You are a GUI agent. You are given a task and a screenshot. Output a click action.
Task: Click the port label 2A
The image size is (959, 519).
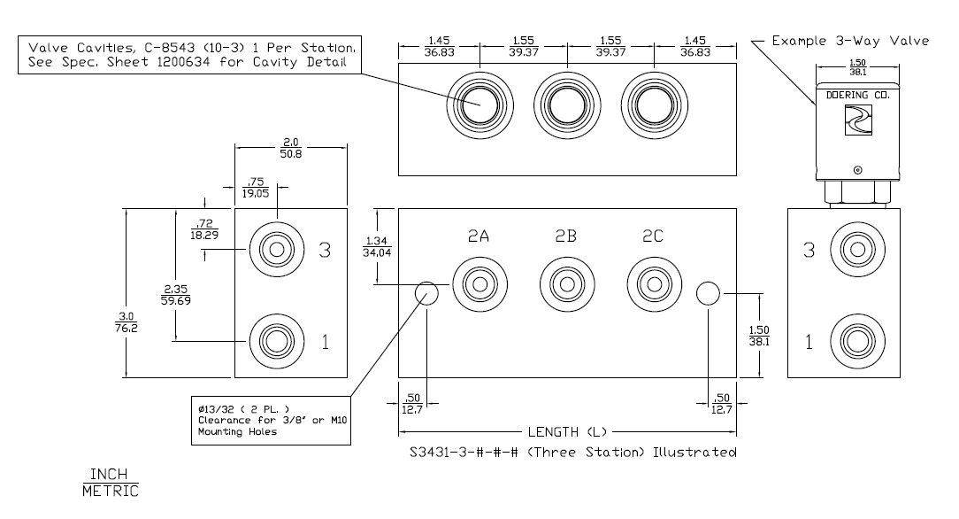pyautogui.click(x=479, y=236)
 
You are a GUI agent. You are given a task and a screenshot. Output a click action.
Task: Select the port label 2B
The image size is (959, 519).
pyautogui.click(x=566, y=236)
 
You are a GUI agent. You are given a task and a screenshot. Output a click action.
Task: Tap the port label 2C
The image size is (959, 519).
pyautogui.click(x=654, y=236)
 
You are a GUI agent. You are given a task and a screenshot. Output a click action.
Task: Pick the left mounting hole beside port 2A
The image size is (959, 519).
pyautogui.click(x=427, y=294)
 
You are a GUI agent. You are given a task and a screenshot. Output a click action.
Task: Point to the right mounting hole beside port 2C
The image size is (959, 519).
pyautogui.click(x=708, y=293)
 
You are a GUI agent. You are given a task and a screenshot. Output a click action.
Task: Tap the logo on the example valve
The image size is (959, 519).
pyautogui.click(x=857, y=120)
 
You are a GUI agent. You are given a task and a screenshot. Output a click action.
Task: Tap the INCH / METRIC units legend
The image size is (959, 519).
pyautogui.click(x=111, y=481)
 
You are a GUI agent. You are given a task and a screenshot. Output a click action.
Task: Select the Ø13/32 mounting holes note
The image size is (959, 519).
pyautogui.click(x=272, y=421)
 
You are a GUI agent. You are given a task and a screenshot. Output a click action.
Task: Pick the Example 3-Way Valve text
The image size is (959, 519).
pyautogui.click(x=850, y=41)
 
